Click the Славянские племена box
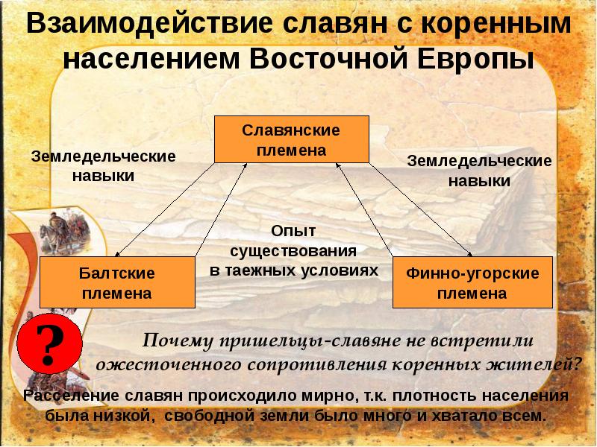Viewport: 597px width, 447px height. (x=291, y=139)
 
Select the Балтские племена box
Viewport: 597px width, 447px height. (x=116, y=282)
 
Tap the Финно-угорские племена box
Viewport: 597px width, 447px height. (x=472, y=282)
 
